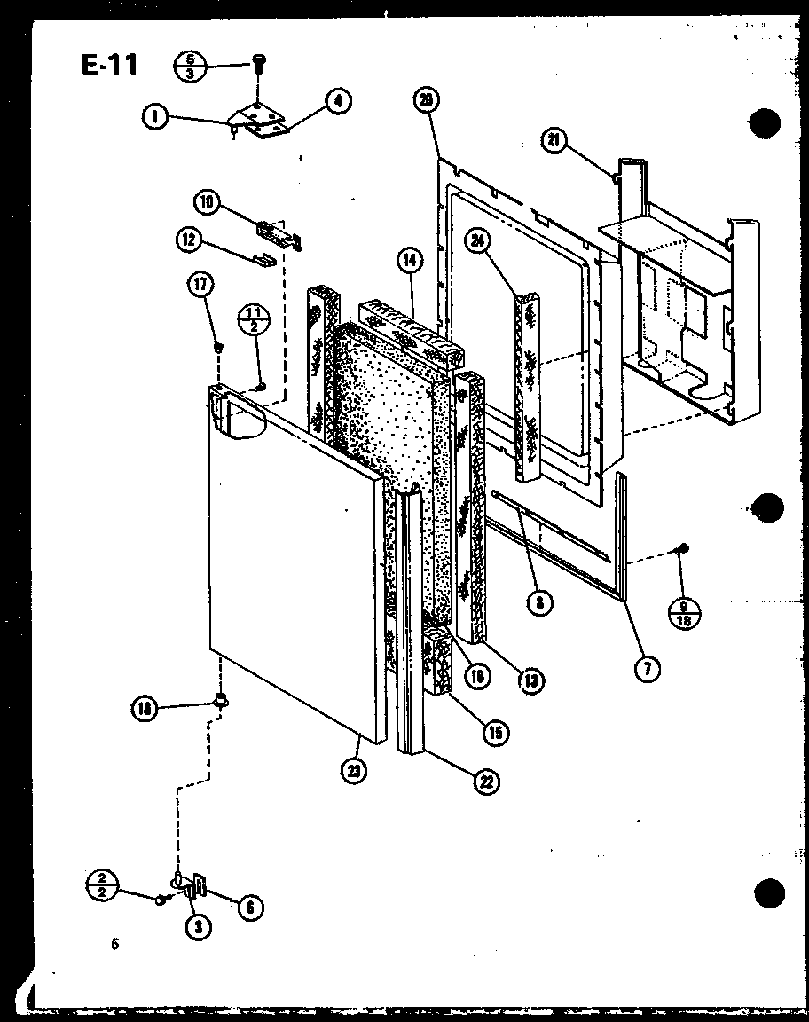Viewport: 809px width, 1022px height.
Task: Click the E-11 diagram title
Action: coord(110,65)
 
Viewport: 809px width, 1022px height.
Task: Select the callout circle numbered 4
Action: coord(336,101)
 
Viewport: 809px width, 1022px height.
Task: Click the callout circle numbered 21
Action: coord(554,141)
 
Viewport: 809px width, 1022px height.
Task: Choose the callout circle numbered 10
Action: coord(208,202)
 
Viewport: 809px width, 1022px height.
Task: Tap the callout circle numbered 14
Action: coord(409,261)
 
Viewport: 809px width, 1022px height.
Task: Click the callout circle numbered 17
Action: coord(200,284)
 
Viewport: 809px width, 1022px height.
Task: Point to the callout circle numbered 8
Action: coord(538,604)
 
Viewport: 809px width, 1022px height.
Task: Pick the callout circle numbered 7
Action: coord(647,670)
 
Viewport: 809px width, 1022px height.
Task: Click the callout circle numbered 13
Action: coord(531,680)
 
